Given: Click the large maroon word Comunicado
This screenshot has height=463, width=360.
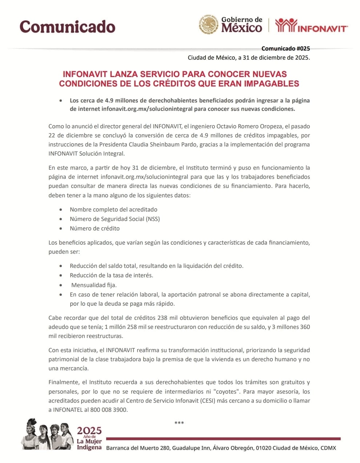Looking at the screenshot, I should [x=67, y=27].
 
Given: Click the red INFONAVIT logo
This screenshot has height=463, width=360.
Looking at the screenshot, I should [x=311, y=25].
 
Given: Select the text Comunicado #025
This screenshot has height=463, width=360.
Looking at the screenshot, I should [x=285, y=49].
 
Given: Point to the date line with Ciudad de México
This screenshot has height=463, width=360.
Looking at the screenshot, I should [x=249, y=57].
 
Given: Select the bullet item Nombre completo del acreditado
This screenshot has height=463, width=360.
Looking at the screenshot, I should [x=113, y=210].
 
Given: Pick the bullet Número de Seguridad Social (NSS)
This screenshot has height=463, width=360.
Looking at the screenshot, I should [x=115, y=219].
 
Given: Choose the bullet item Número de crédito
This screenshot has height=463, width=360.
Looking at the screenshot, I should [x=95, y=229].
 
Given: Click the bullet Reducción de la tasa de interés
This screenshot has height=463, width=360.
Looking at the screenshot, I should [x=111, y=275].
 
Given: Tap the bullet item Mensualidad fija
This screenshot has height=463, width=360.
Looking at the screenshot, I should [x=94, y=285].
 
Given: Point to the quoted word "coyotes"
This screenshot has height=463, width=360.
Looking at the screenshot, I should [x=227, y=392].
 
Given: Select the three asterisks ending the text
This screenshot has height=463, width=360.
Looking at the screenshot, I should [x=179, y=423].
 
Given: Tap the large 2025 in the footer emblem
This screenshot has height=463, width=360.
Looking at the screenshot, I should [x=89, y=431].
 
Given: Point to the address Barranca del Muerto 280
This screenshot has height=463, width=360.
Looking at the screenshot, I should [x=138, y=448].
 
